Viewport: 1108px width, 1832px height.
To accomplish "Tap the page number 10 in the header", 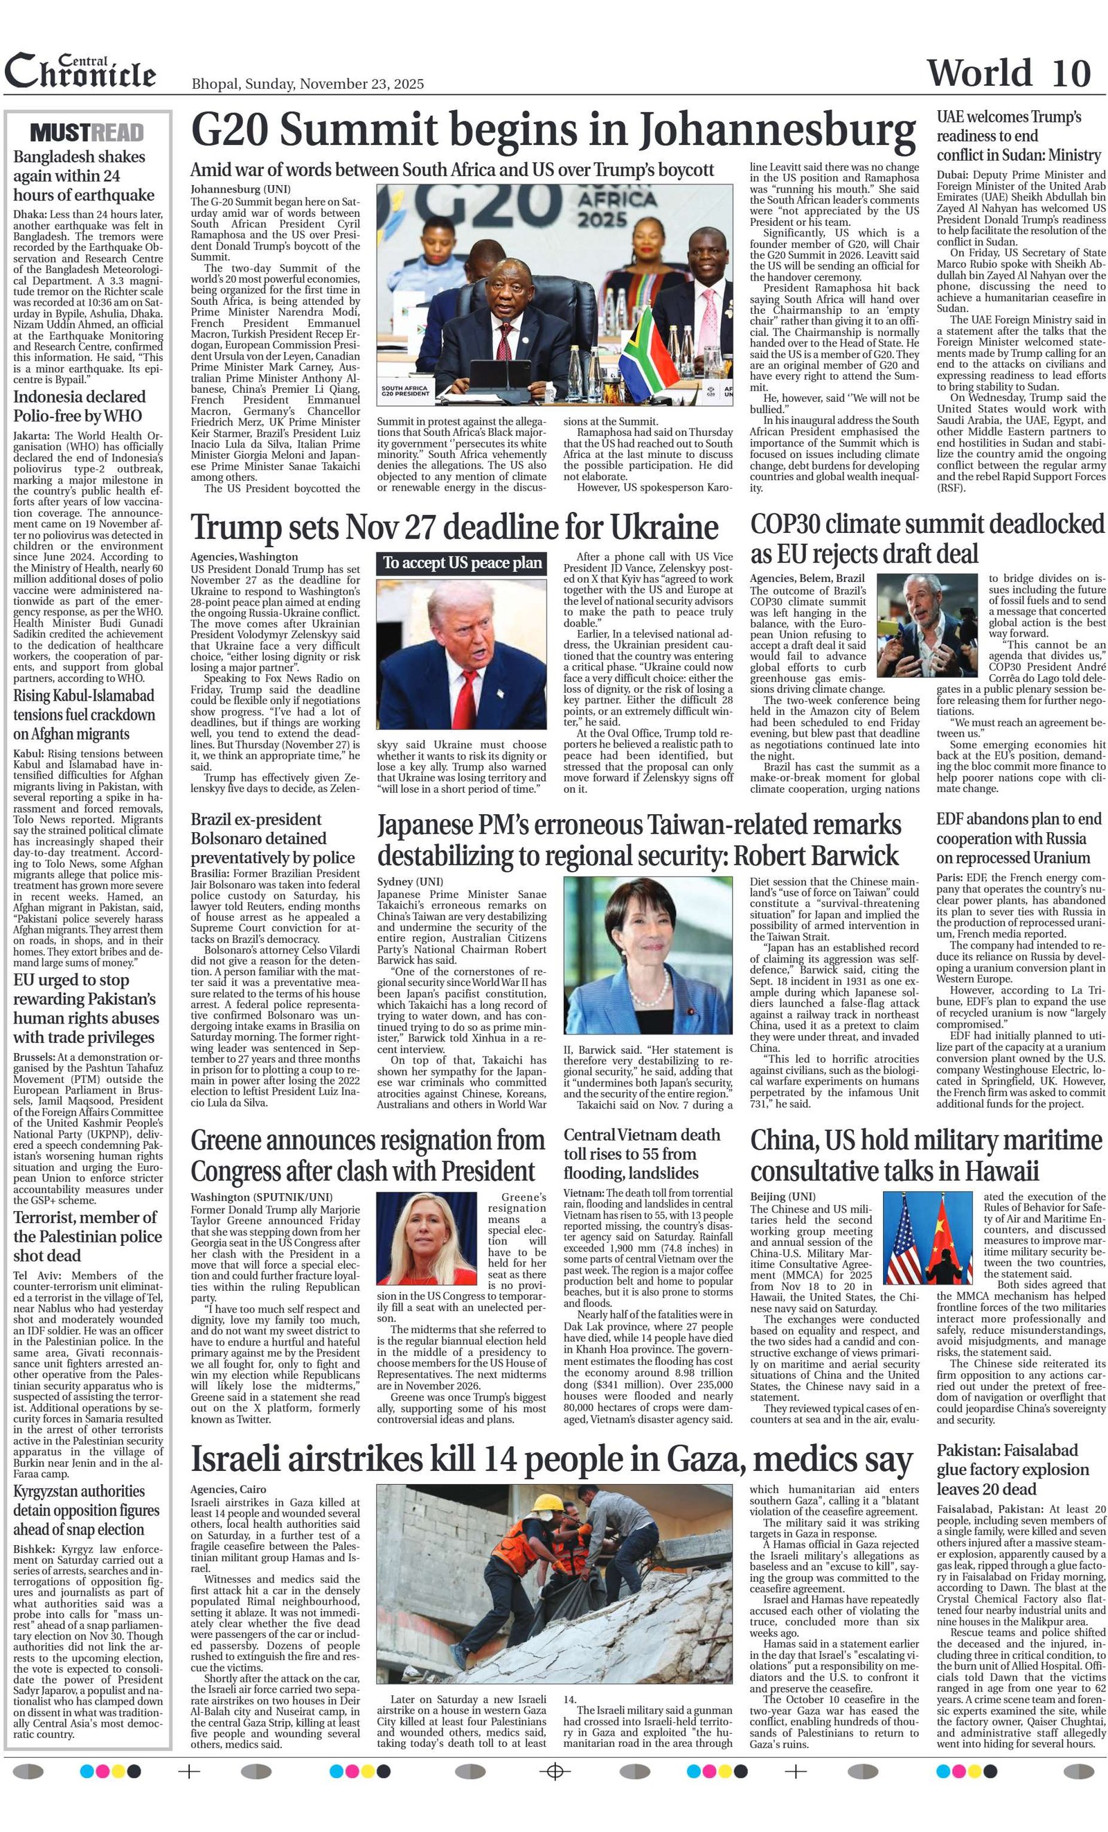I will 1071,73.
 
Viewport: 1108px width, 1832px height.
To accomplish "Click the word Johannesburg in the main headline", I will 777,131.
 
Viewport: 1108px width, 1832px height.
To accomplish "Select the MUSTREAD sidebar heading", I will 87,132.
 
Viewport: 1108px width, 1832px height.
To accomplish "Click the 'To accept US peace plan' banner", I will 462,562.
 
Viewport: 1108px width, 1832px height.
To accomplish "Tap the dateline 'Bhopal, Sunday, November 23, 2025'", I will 307,84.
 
